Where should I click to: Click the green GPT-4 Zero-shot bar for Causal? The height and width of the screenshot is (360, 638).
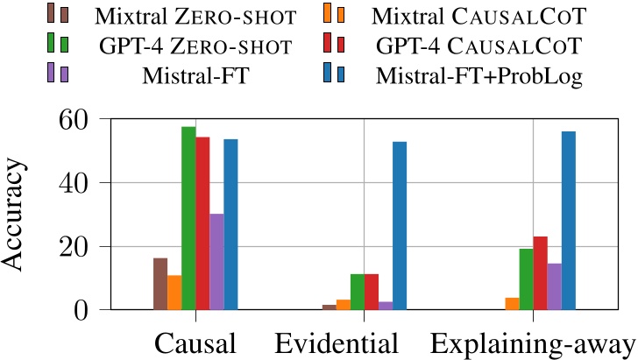188,218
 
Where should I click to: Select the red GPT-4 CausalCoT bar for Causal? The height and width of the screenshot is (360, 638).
202,223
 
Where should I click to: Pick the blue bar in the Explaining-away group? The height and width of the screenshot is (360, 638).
569,220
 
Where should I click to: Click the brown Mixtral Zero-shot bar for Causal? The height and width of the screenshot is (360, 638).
160,284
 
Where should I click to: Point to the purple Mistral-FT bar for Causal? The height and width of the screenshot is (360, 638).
216,262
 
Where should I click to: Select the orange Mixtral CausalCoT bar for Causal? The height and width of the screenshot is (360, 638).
174,293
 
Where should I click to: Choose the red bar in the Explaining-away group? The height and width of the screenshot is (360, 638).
541,272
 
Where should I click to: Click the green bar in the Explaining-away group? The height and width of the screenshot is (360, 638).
527,279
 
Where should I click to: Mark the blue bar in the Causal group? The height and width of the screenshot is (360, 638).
230,224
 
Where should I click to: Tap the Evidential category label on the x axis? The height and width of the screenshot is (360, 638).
337,342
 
